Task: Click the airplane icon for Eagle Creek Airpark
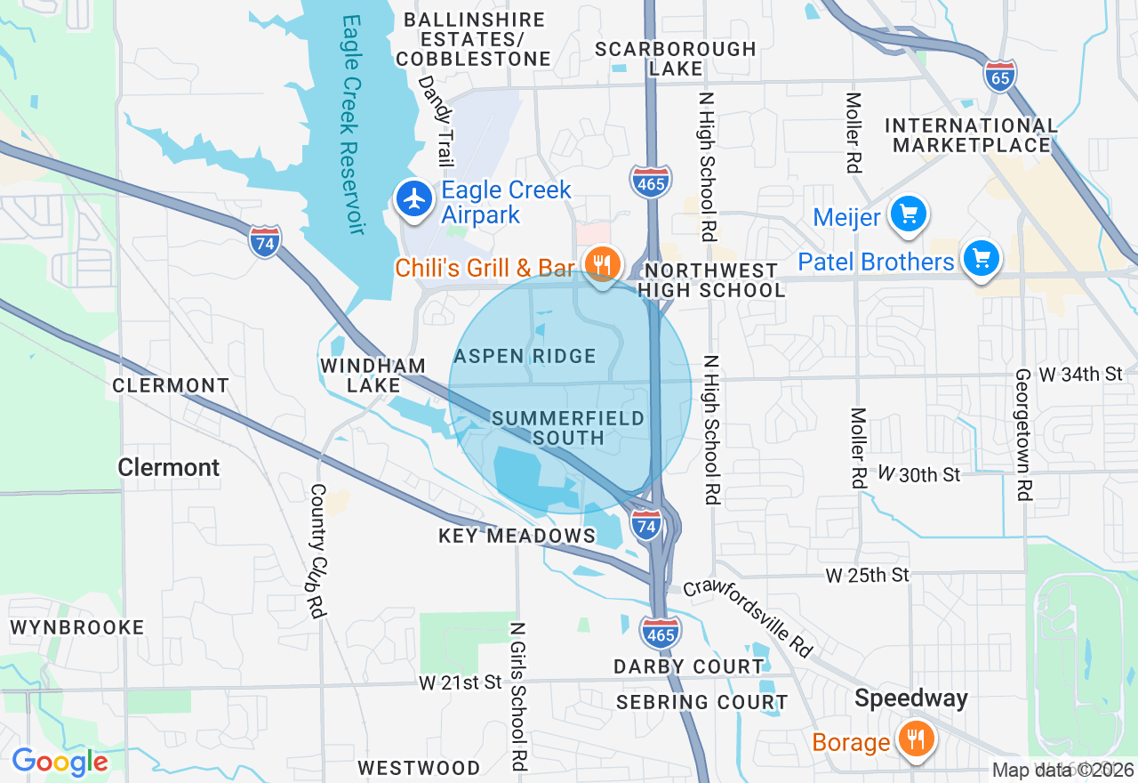414,199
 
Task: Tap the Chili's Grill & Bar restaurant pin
602,264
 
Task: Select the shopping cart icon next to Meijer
908,214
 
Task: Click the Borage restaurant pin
913,739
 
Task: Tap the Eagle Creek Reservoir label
348,125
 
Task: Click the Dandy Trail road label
442,119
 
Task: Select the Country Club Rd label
317,552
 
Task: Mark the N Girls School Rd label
517,696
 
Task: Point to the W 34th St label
1080,375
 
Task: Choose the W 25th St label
867,576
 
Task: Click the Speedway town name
910,698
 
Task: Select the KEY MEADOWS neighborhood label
517,536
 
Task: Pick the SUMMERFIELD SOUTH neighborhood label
569,428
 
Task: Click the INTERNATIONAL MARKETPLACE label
972,135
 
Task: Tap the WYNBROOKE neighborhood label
77,627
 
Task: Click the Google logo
60,762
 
